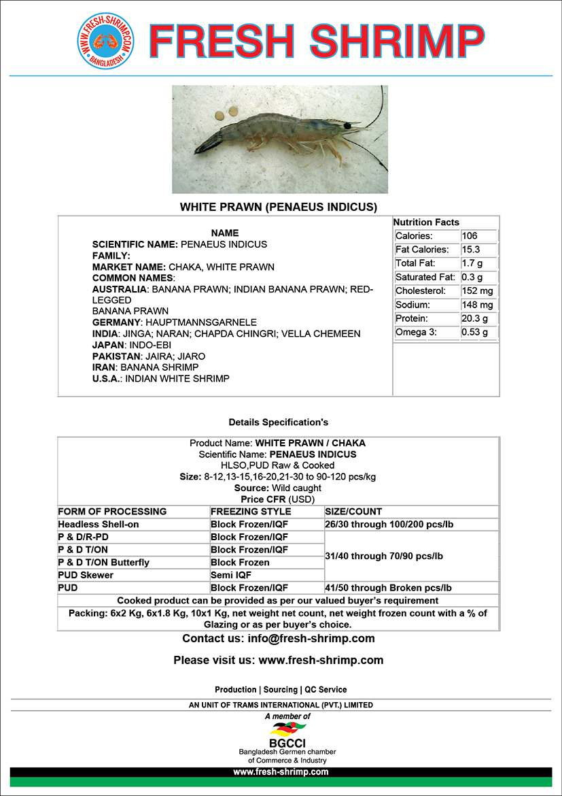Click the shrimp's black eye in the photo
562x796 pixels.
click(347, 126)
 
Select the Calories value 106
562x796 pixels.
click(470, 236)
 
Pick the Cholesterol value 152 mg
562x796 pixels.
click(477, 291)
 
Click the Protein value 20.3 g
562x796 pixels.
click(474, 318)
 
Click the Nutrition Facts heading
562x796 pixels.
click(426, 222)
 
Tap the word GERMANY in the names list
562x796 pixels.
click(116, 322)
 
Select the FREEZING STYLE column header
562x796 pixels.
click(251, 512)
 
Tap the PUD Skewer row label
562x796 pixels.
click(86, 575)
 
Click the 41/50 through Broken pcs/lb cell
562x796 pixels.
click(389, 588)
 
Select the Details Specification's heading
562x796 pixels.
click(279, 422)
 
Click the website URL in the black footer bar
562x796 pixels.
click(281, 772)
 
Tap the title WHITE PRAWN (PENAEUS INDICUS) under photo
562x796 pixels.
click(279, 207)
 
